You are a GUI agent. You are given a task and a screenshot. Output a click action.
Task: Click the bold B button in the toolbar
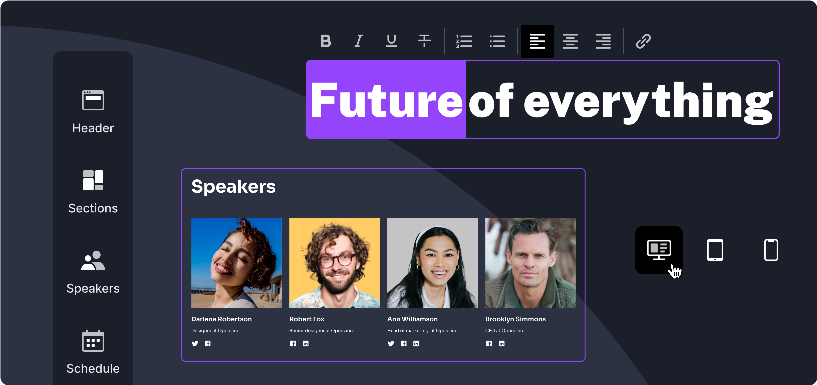coord(326,41)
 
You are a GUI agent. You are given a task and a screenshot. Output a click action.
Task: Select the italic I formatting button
coord(359,41)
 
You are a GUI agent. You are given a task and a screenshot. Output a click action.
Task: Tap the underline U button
coord(391,41)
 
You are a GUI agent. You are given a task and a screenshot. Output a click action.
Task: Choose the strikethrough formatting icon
coord(424,41)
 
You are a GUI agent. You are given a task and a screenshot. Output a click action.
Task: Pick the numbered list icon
coord(464,41)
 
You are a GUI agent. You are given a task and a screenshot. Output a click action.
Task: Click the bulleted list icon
coord(497,41)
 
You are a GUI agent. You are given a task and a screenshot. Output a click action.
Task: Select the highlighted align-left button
coord(537,41)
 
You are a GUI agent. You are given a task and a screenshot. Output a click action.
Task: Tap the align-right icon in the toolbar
coord(603,41)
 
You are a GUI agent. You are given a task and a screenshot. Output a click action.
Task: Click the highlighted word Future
coord(386,100)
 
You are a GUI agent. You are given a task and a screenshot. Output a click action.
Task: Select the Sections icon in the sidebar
coord(93,180)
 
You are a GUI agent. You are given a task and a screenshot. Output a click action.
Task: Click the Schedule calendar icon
coord(93,341)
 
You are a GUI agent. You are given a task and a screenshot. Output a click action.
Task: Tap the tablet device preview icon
coord(715,250)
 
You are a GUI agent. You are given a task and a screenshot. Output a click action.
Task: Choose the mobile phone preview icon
coord(771,250)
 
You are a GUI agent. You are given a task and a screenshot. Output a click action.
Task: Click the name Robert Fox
coord(307,319)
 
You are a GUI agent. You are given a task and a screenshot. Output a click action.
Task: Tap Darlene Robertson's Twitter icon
coord(195,343)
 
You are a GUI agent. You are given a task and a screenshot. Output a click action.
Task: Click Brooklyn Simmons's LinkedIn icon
coord(501,343)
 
